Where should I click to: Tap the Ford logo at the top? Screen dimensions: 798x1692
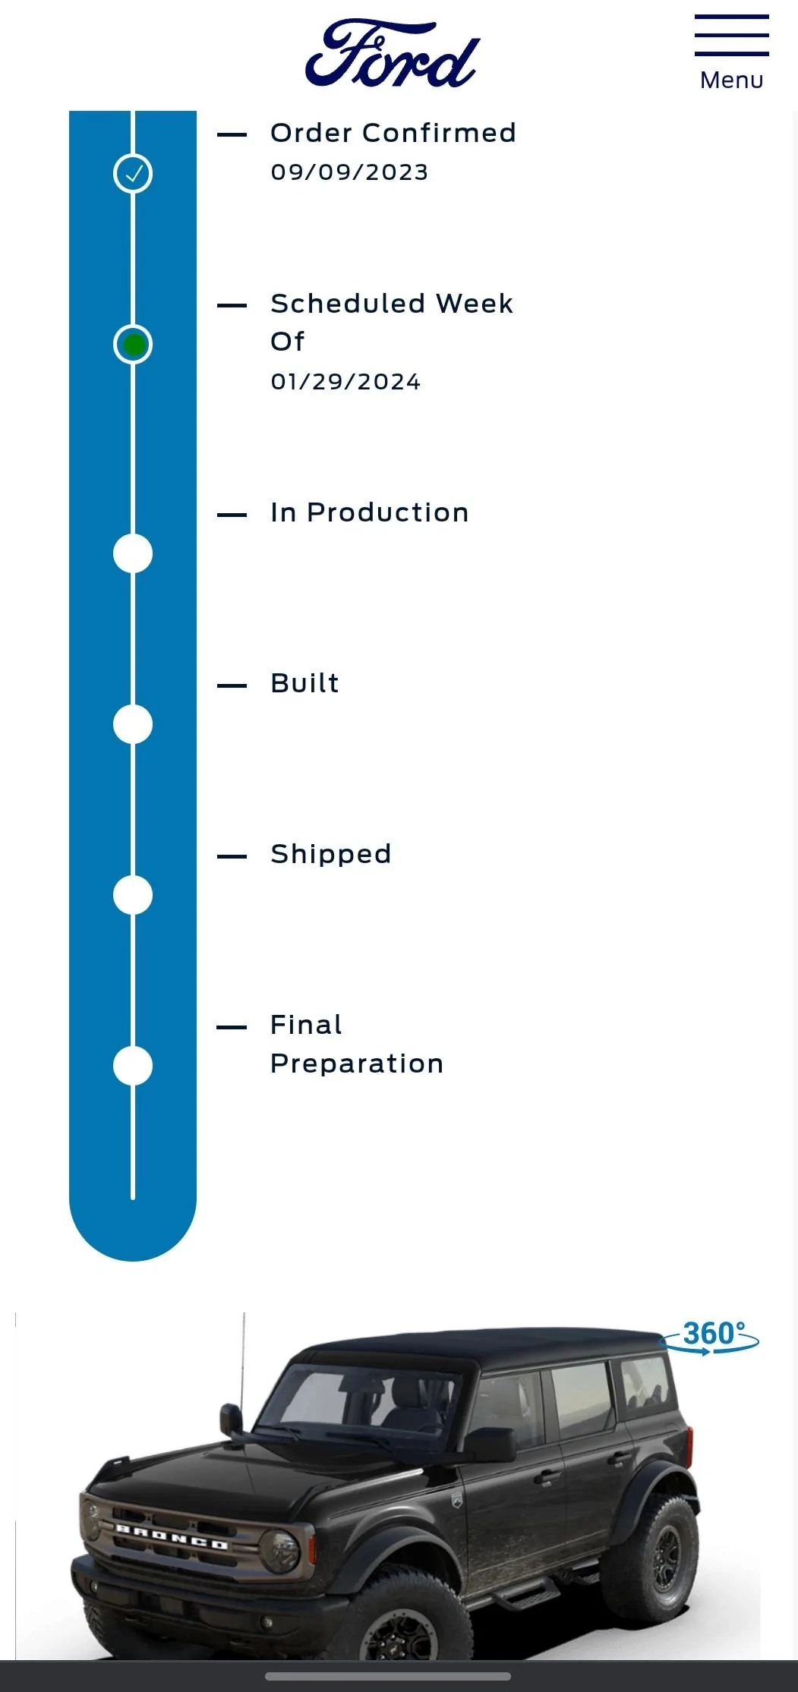[x=393, y=53]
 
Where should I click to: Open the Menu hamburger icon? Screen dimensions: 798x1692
[x=731, y=35]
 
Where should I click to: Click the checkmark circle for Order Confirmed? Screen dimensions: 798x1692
[x=133, y=174]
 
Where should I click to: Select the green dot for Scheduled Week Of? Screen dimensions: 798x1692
[x=133, y=345]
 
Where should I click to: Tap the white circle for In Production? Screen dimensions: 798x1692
[x=133, y=553]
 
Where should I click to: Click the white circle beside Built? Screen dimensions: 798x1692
[x=133, y=724]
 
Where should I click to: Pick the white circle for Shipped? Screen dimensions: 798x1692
[x=133, y=895]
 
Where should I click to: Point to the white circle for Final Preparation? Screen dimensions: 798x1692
[x=133, y=1066]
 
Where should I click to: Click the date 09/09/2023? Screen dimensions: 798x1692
[x=349, y=172]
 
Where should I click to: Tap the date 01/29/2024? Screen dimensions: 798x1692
[x=345, y=382]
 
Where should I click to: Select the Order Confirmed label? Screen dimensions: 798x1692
[x=393, y=133]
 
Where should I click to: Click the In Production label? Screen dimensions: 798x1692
[x=370, y=512]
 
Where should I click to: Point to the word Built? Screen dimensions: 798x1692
[x=304, y=683]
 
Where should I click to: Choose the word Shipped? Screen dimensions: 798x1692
[x=331, y=855]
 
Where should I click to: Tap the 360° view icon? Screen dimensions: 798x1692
[x=710, y=1337]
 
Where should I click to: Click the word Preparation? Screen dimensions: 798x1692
[x=357, y=1064]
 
